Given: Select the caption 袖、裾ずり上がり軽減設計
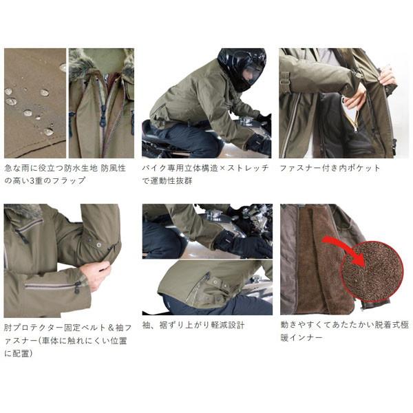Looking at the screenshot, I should click(193, 325).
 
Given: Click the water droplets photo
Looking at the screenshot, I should click(34, 103).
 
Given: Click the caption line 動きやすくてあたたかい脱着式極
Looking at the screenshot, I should click(344, 325).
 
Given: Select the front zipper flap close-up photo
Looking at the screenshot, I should click(101, 103).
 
